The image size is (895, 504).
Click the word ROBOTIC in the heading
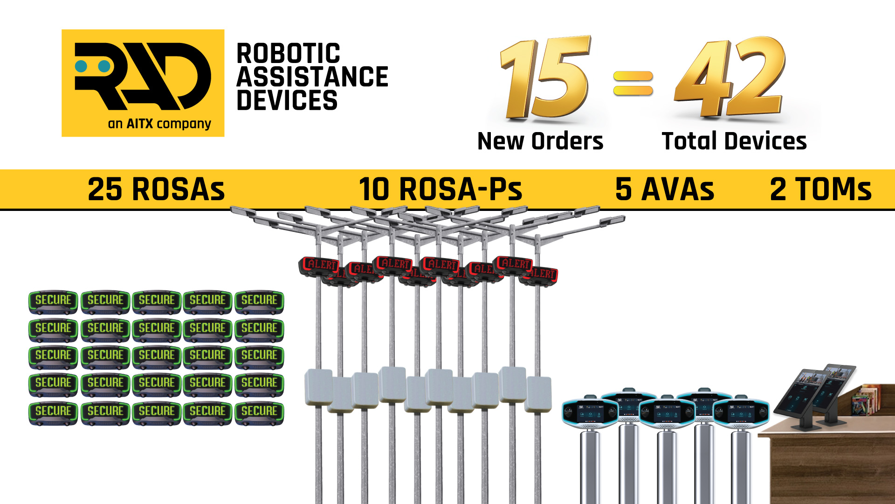[x=288, y=54]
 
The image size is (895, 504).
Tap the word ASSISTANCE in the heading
[x=312, y=77]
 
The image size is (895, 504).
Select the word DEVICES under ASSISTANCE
[x=287, y=100]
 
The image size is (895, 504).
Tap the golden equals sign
[x=633, y=83]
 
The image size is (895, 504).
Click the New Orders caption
[x=540, y=141]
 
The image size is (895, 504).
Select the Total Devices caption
[x=734, y=141]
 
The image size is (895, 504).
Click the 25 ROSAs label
[x=156, y=189]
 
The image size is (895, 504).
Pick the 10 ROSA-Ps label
[x=441, y=189]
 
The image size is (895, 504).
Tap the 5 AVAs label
[x=665, y=189]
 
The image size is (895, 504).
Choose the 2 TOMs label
[x=820, y=189]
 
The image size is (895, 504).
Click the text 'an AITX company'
[x=159, y=124]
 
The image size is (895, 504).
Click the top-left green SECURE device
[x=53, y=301]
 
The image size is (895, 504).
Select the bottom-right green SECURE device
[x=259, y=412]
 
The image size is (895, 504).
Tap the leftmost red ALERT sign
[x=319, y=266]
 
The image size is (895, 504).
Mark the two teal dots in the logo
[x=93, y=66]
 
